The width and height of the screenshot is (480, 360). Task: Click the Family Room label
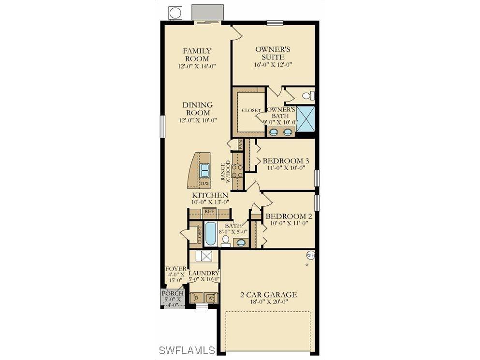point(197,55)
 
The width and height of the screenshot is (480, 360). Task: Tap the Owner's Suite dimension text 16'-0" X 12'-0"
point(273,64)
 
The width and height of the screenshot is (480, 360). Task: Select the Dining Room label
point(197,109)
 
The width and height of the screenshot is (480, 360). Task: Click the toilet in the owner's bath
point(307,96)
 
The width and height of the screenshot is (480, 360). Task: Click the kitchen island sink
point(205,169)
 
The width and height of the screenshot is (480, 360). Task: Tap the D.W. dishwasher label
point(205,184)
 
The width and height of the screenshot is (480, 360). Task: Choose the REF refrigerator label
point(209,211)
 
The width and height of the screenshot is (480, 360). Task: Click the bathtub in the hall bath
point(211,233)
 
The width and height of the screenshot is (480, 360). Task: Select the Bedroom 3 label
point(286,161)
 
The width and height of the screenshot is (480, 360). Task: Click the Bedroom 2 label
point(289,216)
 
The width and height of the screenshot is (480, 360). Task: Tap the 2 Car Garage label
point(269,295)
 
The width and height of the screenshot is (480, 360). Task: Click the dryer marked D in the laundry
point(196,298)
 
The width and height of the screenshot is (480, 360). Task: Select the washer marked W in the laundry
point(211,298)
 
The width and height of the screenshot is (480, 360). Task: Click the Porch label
point(173,293)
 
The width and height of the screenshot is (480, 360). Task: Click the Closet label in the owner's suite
point(251,111)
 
